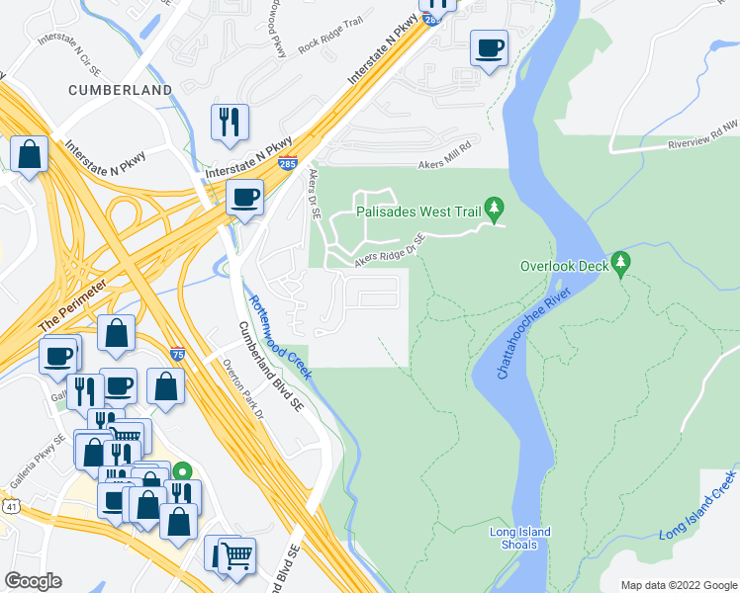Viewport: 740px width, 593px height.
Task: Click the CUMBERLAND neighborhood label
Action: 120,90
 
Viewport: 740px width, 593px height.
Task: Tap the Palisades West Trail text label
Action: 418,212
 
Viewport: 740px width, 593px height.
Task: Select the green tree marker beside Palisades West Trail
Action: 499,209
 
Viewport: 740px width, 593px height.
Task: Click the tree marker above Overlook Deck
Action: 620,261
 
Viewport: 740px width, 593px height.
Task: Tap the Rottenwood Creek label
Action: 280,337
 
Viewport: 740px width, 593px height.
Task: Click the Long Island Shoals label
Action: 520,540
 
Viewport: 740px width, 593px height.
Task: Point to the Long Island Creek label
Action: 699,504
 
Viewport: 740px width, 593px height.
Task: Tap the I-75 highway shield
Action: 176,353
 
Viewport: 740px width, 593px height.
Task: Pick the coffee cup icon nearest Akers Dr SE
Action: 243,196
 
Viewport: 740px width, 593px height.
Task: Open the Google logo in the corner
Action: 33,580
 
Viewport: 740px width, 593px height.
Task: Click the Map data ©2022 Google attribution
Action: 678,584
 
